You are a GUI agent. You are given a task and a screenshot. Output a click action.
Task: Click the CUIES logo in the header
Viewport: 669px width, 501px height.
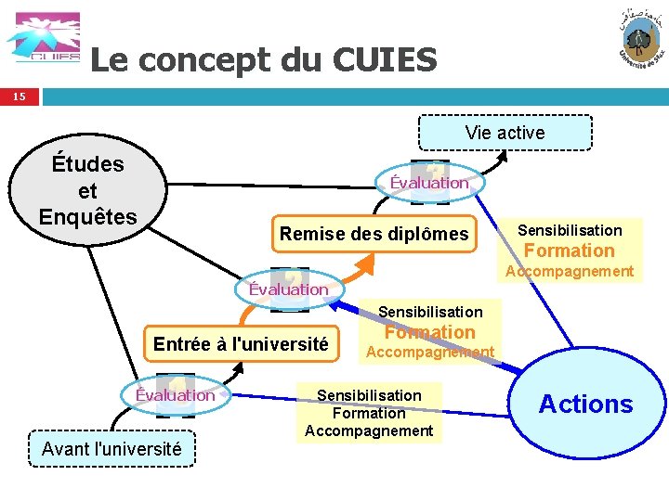[43, 39]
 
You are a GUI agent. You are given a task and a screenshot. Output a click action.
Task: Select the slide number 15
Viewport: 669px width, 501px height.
[20, 96]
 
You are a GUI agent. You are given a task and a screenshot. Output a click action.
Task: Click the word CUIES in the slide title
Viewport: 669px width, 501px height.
[383, 60]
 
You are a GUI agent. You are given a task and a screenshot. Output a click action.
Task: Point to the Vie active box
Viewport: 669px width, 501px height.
[505, 133]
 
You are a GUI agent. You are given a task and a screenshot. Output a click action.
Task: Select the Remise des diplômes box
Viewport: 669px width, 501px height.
[374, 234]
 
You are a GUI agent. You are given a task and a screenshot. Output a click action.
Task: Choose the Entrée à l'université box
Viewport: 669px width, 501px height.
[241, 344]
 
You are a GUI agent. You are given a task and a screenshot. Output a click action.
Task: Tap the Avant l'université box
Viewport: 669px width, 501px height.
[111, 449]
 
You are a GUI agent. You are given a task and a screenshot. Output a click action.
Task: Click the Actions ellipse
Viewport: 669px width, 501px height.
[585, 405]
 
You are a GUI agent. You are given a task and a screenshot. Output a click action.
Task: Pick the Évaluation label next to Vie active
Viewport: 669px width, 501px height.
[429, 183]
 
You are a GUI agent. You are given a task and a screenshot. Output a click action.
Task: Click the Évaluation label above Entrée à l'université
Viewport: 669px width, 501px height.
[289, 289]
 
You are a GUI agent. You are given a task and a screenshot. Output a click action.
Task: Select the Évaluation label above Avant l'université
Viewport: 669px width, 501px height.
[175, 395]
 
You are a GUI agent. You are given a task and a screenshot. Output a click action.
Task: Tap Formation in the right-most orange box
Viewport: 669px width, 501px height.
[569, 250]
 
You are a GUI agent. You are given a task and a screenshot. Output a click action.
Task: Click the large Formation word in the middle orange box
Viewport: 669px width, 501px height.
[429, 332]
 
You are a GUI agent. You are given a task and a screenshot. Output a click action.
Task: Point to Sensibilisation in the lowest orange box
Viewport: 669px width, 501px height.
[369, 395]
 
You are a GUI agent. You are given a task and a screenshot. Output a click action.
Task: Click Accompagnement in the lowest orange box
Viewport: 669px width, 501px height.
[369, 430]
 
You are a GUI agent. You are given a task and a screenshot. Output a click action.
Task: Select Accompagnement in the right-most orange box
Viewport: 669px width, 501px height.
[569, 271]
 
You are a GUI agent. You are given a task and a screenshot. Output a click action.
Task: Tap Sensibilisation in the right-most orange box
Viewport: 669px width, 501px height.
[569, 229]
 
